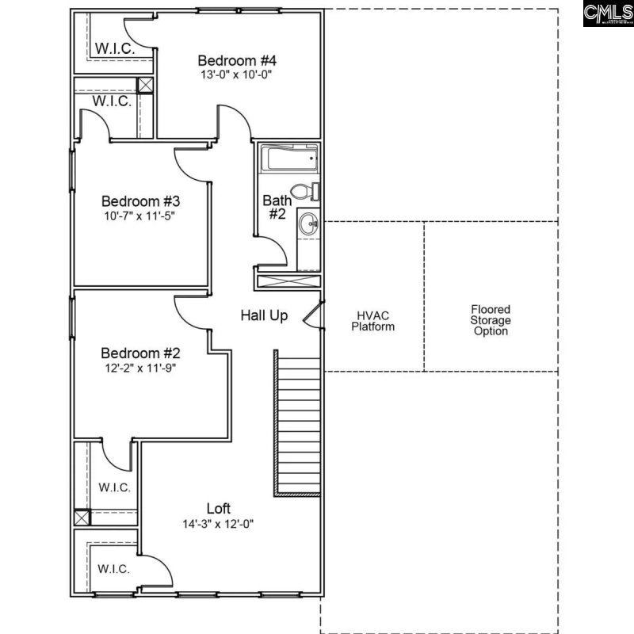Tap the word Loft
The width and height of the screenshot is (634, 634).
pyautogui.click(x=219, y=509)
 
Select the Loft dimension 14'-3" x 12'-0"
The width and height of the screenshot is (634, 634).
pyautogui.click(x=219, y=524)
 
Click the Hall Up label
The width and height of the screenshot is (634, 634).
pyautogui.click(x=264, y=315)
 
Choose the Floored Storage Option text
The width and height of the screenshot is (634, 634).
pyautogui.click(x=491, y=320)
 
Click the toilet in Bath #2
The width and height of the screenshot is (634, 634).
pyautogui.click(x=304, y=192)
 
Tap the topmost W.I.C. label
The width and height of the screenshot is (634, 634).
pyautogui.click(x=114, y=48)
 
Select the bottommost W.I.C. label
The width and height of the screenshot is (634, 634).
pyautogui.click(x=114, y=569)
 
